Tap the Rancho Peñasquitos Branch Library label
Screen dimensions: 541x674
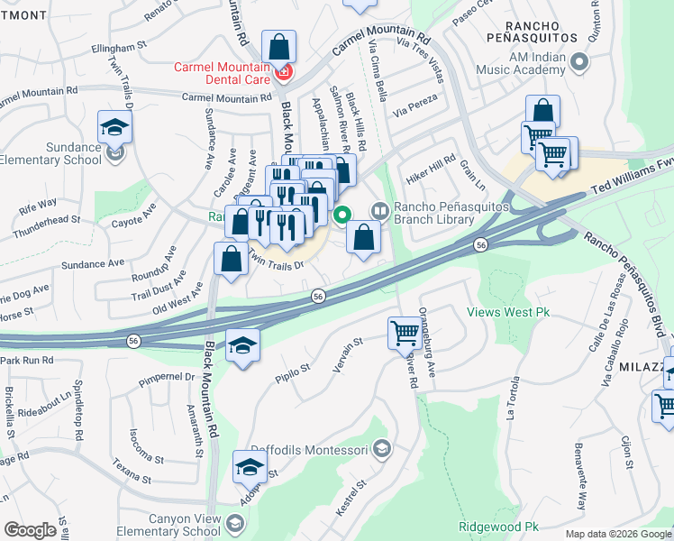tap(440, 213)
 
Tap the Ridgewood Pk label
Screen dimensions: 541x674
tap(498, 527)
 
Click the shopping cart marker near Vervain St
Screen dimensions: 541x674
tap(404, 333)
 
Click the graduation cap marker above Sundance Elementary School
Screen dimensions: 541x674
tap(115, 127)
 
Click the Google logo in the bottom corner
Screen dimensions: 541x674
tap(30, 530)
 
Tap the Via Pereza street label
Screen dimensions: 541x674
tap(415, 108)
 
